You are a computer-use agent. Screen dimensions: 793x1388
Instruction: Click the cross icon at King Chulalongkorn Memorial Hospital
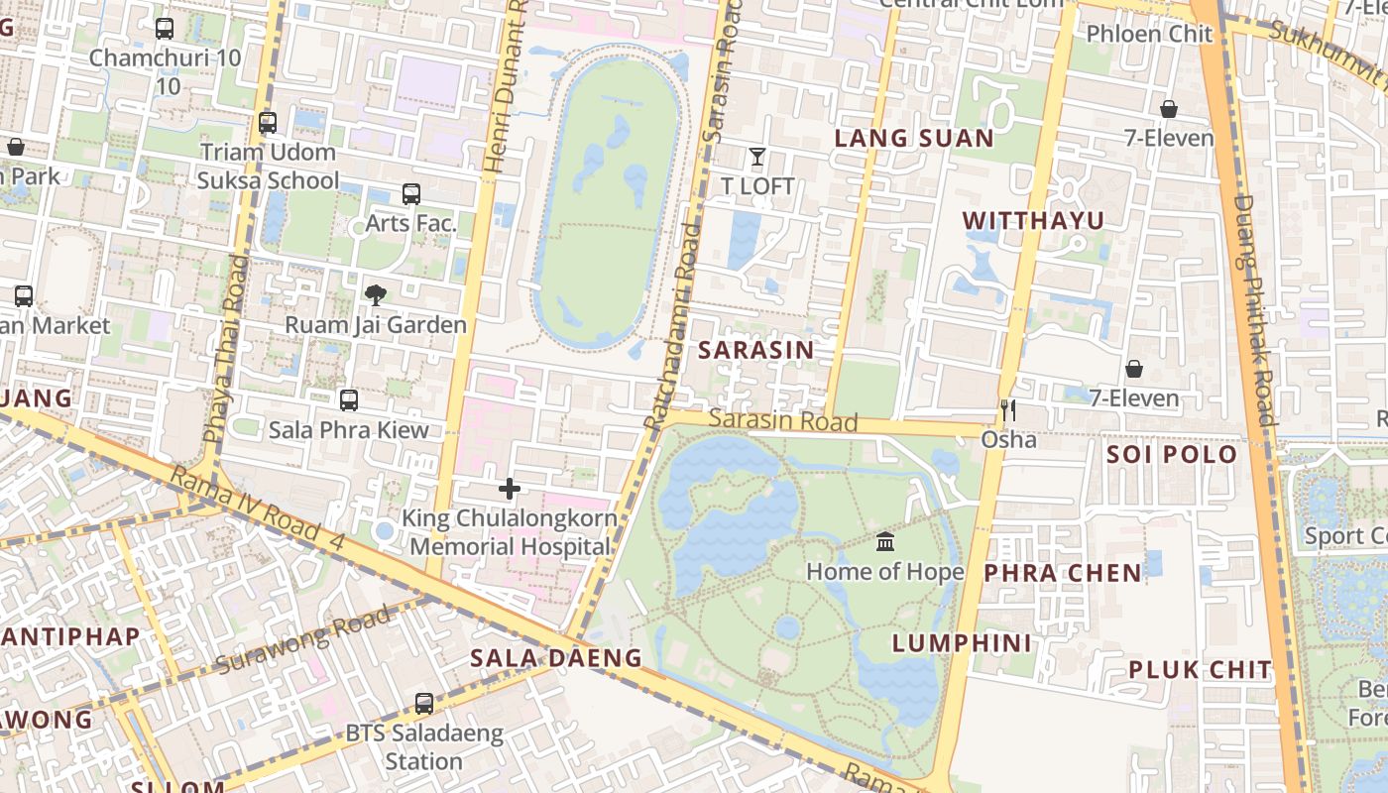point(510,489)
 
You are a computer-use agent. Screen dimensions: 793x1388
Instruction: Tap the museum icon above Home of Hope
point(885,542)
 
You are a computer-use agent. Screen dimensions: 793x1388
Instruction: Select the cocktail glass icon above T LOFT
point(757,157)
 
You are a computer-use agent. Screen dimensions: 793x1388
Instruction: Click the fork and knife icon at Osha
point(1008,410)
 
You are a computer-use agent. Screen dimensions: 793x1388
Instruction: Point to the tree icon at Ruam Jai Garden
point(376,294)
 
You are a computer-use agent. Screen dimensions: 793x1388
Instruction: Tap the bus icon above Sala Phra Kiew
point(349,400)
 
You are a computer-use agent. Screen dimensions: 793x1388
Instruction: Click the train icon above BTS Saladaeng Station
point(424,704)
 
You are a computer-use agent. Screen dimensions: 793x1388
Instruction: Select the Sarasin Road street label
point(783,421)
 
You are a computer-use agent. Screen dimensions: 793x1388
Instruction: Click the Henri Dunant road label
point(504,89)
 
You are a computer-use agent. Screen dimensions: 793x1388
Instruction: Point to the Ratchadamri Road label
point(673,327)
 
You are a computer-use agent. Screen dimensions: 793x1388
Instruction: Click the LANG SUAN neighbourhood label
point(913,139)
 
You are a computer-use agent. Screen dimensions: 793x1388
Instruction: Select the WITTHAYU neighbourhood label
point(1033,220)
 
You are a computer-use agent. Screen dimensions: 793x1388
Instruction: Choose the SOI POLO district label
point(1172,455)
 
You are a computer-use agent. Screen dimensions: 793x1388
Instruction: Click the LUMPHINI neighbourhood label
point(962,643)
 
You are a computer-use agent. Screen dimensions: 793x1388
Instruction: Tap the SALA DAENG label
point(555,658)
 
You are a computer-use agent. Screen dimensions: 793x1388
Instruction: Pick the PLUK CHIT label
point(1200,670)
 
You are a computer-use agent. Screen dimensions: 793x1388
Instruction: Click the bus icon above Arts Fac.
point(411,194)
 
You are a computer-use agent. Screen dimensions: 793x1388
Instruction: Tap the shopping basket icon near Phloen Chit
point(1169,109)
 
